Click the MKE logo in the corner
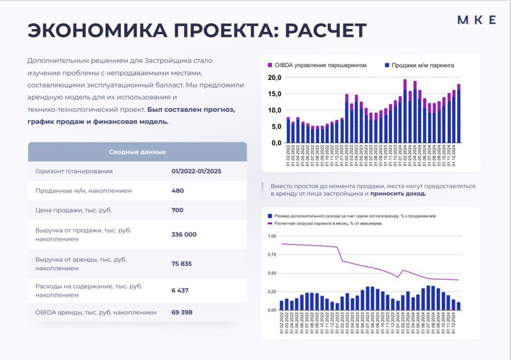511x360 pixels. (476, 20)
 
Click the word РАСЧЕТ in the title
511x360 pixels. (325, 31)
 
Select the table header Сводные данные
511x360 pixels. (137, 152)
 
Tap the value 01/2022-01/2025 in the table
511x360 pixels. (196, 171)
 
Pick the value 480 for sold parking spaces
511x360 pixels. (178, 191)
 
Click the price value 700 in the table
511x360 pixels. (177, 210)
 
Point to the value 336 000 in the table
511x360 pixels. (184, 234)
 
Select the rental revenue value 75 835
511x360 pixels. (182, 264)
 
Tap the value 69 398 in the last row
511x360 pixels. (182, 312)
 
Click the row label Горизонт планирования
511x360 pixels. (74, 171)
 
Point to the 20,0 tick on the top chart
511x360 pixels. (274, 77)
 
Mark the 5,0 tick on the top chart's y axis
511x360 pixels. (275, 127)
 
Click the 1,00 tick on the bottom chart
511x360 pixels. (271, 236)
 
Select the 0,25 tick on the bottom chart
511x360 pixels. (271, 291)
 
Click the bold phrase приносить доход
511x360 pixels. (398, 194)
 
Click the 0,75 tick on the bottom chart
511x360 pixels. (271, 254)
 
